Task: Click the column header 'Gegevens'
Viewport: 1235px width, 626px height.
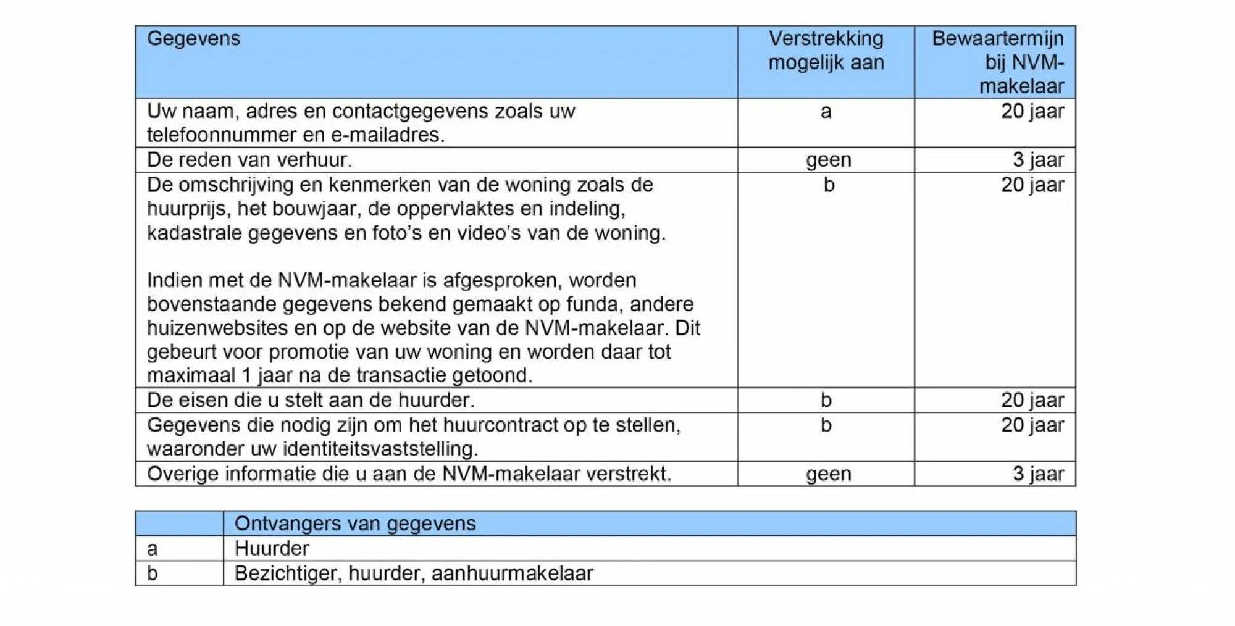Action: (193, 39)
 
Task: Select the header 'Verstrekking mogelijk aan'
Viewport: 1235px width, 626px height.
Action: (826, 50)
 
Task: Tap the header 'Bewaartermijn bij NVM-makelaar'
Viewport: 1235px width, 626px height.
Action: (997, 62)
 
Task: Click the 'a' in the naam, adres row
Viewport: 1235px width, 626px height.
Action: (826, 111)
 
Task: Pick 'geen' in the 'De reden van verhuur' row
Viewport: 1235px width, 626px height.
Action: (828, 160)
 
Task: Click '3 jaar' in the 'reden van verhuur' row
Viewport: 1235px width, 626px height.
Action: (1038, 160)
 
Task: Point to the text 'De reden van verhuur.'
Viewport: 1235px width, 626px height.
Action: (249, 160)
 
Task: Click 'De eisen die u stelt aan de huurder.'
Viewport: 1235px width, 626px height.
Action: (311, 400)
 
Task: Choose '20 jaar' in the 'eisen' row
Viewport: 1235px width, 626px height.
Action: (1032, 400)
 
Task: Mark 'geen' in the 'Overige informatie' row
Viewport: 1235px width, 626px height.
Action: (828, 474)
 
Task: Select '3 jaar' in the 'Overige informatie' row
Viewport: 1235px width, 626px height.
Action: (1038, 474)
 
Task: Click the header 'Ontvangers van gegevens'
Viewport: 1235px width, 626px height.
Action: (355, 524)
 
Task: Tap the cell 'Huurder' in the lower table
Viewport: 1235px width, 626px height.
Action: (272, 548)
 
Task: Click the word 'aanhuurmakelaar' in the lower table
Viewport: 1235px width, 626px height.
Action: (512, 574)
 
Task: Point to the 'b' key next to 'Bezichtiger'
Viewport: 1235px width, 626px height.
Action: (153, 574)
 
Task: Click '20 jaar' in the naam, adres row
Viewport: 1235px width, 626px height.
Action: (1032, 111)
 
